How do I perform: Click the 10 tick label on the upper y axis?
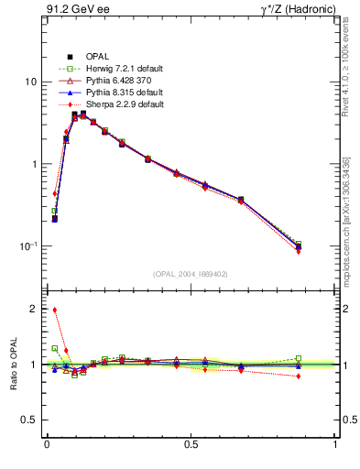click(30, 82)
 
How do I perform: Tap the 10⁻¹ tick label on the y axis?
click(28, 245)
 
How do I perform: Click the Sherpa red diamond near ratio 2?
click(55, 310)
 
